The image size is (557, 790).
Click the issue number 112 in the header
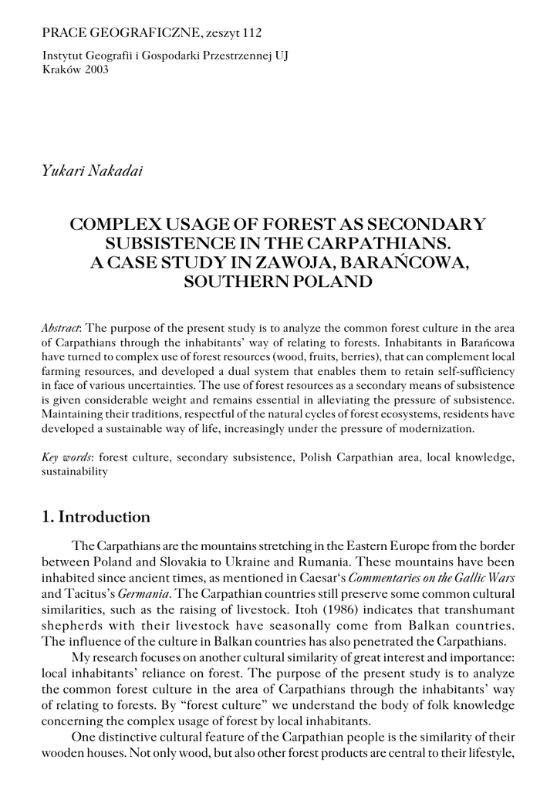[251, 32]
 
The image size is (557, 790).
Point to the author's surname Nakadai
[115, 170]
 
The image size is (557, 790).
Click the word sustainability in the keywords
[74, 471]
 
